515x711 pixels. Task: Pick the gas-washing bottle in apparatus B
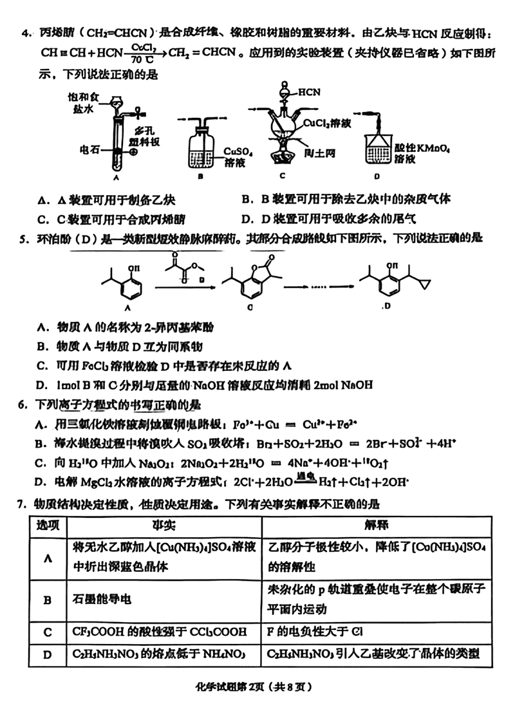tap(200, 148)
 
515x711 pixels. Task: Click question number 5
tap(23, 240)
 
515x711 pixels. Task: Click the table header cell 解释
tap(373, 525)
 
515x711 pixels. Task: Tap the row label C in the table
tap(47, 632)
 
